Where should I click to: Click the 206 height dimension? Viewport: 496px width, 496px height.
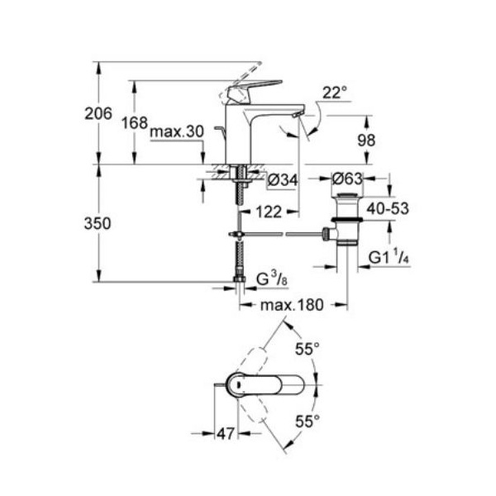(98, 113)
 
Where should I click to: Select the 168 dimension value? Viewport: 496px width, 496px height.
(135, 122)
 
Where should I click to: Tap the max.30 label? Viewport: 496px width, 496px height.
(177, 131)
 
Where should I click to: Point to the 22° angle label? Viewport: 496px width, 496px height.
(335, 93)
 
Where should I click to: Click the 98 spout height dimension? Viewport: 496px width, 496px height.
(366, 141)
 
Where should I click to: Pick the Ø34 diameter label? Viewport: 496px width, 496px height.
(283, 180)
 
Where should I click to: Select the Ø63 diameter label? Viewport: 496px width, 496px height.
(347, 179)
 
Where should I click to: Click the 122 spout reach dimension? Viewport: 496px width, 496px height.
(269, 212)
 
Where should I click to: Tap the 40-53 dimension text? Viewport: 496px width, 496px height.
(388, 208)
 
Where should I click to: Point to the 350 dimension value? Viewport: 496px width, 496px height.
(98, 223)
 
